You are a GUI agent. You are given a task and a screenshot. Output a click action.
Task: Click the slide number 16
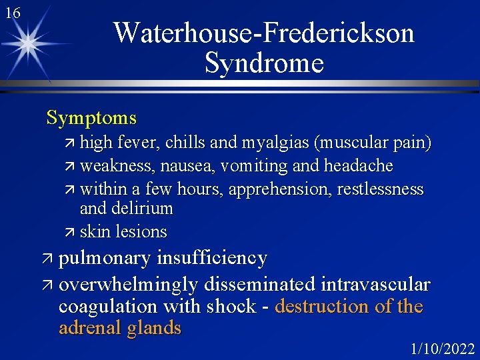[x=12, y=13]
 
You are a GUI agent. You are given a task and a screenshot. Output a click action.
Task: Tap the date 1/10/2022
[x=443, y=349]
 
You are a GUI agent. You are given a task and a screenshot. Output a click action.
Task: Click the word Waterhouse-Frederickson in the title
[x=264, y=33]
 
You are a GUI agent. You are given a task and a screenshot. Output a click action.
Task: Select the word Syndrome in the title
[x=264, y=63]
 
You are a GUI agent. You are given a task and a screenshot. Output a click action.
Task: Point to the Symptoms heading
[x=91, y=119]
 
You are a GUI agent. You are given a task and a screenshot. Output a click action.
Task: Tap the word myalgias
[x=275, y=143]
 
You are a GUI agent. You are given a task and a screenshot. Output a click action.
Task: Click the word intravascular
[x=375, y=285]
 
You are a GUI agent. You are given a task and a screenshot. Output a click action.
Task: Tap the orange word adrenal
[x=93, y=328]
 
